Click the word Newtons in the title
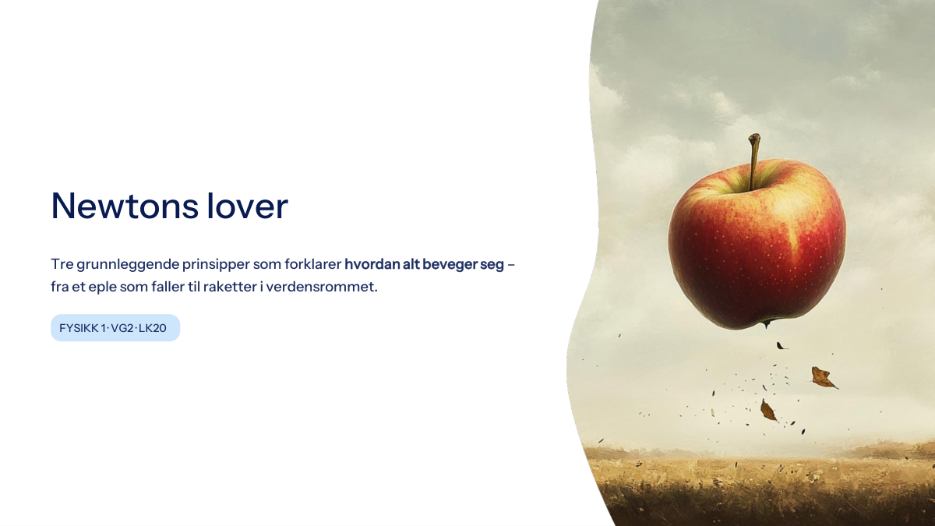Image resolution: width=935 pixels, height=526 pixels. (x=125, y=206)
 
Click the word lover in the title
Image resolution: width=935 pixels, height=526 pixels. (x=248, y=205)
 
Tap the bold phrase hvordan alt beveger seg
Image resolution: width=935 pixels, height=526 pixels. (x=424, y=265)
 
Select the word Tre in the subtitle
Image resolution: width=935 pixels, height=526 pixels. (x=62, y=264)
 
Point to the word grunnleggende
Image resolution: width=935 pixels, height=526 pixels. (x=128, y=265)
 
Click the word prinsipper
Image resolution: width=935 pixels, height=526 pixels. (x=216, y=265)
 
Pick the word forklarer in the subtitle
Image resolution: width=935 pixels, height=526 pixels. (x=313, y=264)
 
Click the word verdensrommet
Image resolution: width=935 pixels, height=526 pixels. (x=321, y=288)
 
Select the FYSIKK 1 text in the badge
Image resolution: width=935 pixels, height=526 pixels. (x=83, y=328)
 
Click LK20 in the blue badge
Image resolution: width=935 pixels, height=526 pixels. (x=153, y=328)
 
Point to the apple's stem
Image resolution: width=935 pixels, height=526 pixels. (x=754, y=161)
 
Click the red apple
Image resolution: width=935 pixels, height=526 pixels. (x=757, y=242)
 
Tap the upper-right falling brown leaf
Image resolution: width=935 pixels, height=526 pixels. (x=824, y=378)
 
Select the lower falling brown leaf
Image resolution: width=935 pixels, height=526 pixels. (x=768, y=411)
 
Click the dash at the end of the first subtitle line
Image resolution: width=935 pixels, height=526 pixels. (x=511, y=265)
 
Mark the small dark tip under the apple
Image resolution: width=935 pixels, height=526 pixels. (x=765, y=324)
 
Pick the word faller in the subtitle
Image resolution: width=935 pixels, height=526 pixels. (x=168, y=288)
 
